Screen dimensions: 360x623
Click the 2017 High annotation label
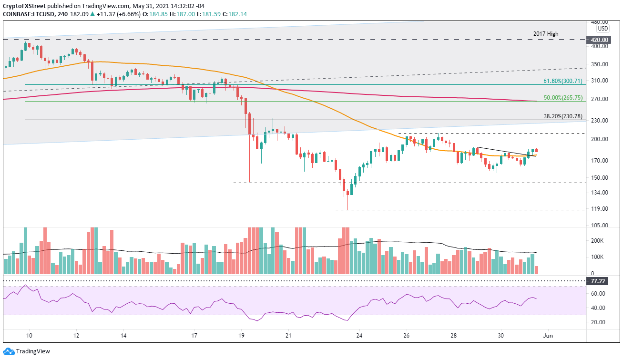[x=546, y=34]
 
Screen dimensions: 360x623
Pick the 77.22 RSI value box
[x=599, y=281]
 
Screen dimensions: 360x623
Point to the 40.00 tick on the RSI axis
[x=600, y=308]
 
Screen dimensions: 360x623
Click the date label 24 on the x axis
[x=359, y=335]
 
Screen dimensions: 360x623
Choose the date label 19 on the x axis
[x=241, y=335]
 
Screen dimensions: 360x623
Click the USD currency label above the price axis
[x=603, y=28]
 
